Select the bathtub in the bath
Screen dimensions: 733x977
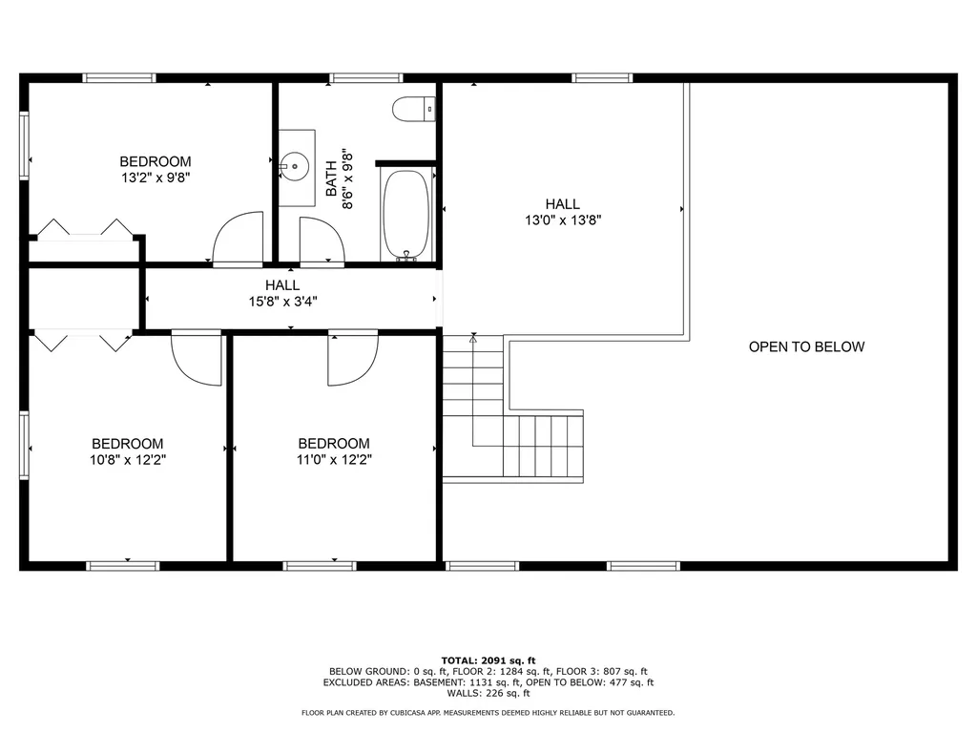(408, 215)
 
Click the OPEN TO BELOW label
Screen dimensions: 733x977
(806, 346)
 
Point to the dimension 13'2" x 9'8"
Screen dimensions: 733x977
(155, 178)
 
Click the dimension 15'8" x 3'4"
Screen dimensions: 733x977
(282, 302)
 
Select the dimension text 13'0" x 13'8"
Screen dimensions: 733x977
(563, 220)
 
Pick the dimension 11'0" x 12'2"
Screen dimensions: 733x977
(334, 459)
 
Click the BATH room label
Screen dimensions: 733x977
(331, 178)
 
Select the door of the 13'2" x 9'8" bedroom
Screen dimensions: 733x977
(238, 238)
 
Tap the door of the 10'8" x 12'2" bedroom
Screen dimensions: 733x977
(197, 358)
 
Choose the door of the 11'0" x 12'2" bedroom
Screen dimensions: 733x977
(353, 358)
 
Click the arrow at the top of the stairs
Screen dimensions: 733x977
(472, 338)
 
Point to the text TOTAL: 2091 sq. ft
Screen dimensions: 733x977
(488, 660)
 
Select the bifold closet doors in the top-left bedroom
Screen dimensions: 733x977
(84, 228)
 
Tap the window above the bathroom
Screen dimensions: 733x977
(365, 77)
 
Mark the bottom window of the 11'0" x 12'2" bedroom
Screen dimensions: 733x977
(320, 566)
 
